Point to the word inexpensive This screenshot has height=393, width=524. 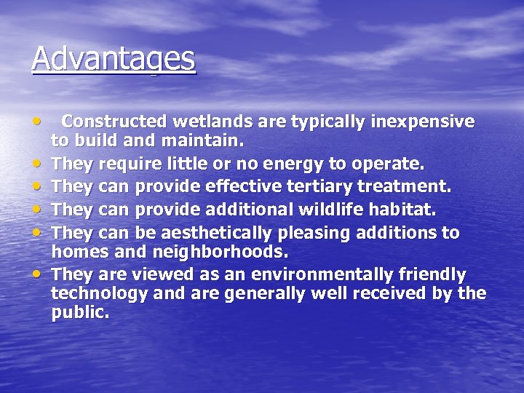[423, 121]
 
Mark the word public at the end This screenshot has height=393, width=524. [79, 313]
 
